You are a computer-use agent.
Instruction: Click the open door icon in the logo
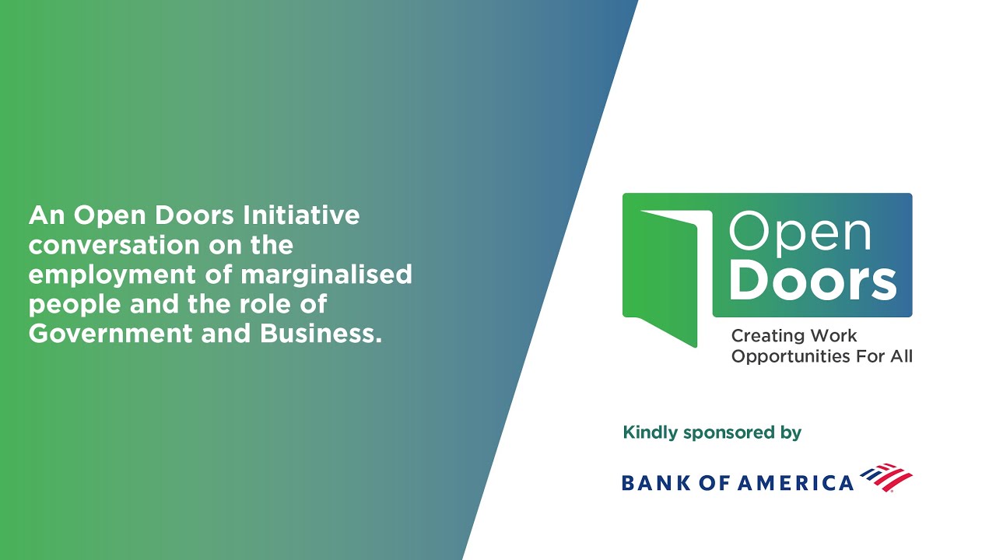click(x=667, y=272)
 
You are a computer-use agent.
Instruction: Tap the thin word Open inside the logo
click(x=799, y=232)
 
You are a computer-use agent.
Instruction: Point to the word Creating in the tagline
click(x=766, y=336)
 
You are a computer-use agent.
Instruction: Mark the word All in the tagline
click(x=900, y=356)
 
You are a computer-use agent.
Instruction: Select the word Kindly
click(x=651, y=432)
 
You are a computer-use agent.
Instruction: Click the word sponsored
click(x=721, y=433)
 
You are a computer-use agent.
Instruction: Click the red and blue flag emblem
click(x=886, y=478)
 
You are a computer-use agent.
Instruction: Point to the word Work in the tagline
click(x=833, y=336)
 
